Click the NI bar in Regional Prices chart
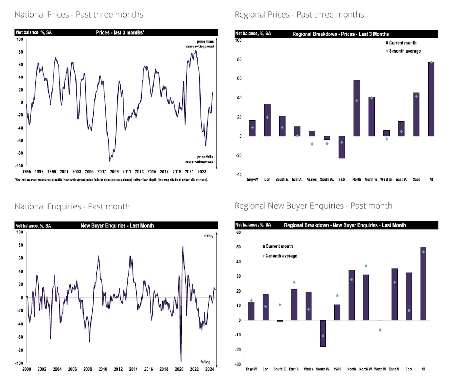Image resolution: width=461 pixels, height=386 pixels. point(431,99)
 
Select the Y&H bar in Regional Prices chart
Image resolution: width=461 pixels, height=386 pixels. point(342,147)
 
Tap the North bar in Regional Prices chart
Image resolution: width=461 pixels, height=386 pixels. point(357,108)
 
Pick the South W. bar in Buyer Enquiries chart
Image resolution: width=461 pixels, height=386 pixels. point(323,333)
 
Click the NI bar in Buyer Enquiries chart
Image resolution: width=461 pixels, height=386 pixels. point(423,283)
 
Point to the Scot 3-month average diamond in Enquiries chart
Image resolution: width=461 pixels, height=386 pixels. point(409,310)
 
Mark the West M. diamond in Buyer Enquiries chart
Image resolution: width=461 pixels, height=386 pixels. point(380,330)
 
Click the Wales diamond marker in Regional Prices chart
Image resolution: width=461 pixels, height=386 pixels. point(312,144)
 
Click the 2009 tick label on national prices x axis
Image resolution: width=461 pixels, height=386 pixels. point(114,171)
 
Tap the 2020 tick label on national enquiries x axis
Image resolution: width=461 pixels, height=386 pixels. point(179,369)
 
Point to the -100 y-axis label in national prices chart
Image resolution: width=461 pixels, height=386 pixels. point(19,166)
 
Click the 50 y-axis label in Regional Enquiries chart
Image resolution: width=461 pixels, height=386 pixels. point(239,247)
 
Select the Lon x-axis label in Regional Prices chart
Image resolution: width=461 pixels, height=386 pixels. point(267,180)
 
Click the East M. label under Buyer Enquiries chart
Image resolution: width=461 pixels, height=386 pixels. point(395,369)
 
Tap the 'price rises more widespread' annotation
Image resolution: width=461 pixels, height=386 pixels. point(200,44)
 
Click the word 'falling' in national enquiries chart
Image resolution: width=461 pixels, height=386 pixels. point(205,362)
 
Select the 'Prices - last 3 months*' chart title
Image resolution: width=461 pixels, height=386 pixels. point(120,32)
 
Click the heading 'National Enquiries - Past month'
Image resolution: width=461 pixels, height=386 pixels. point(72,206)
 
